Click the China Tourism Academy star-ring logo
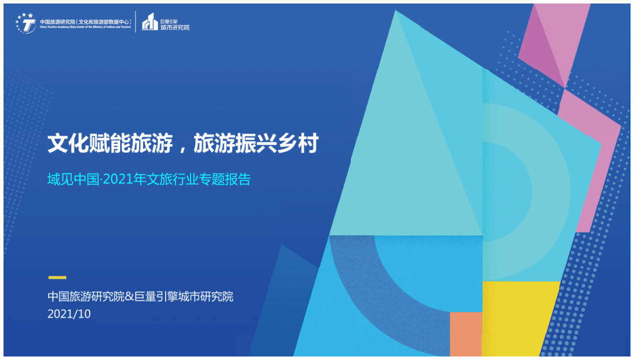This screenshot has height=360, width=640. tap(26, 23)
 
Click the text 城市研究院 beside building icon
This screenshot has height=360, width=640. tap(175, 27)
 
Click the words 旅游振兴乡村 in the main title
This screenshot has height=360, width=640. tap(256, 144)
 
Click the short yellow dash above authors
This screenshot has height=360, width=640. tap(57, 277)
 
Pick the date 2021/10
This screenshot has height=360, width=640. tap(69, 314)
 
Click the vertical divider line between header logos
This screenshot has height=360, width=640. tap(136, 22)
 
